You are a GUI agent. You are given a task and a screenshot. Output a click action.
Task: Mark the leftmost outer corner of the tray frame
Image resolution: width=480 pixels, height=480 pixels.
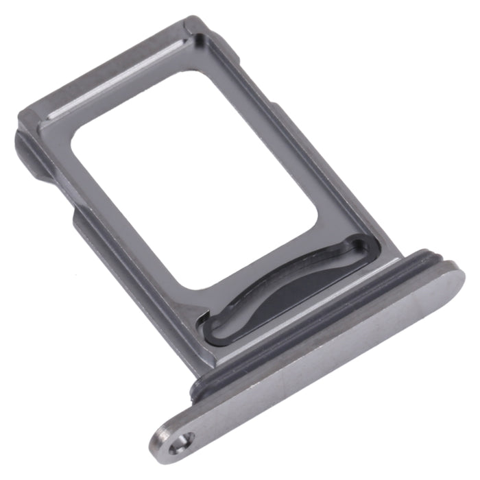click(x=19, y=110)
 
